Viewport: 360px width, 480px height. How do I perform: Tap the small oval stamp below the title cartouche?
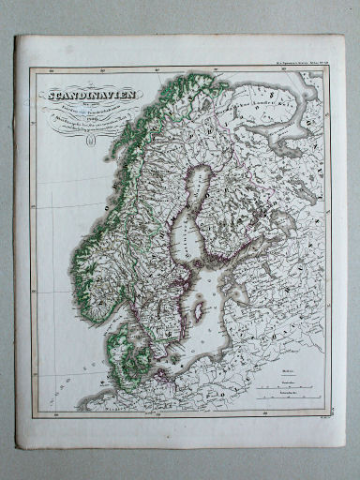coord(91,142)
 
